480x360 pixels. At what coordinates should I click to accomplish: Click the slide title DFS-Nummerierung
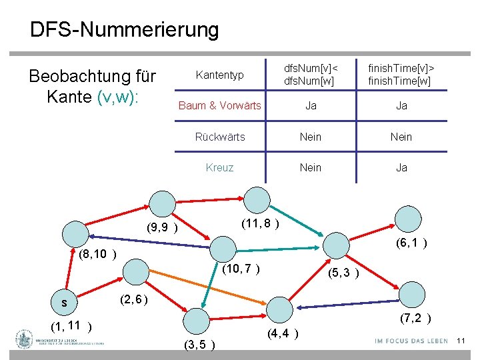coord(124,29)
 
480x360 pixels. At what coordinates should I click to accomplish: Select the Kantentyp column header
coord(219,75)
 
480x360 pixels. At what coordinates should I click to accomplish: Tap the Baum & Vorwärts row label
coord(219,105)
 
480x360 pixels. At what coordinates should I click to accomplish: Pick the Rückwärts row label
coord(220,137)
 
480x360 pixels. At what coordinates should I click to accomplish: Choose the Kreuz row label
coord(220,167)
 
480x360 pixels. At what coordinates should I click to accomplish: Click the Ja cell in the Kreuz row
coord(401,167)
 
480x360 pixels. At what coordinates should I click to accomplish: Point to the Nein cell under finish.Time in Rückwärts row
coord(401,137)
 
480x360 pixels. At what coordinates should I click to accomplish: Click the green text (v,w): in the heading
coord(117,97)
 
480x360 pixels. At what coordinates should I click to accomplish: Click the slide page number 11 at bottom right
coord(461,341)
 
